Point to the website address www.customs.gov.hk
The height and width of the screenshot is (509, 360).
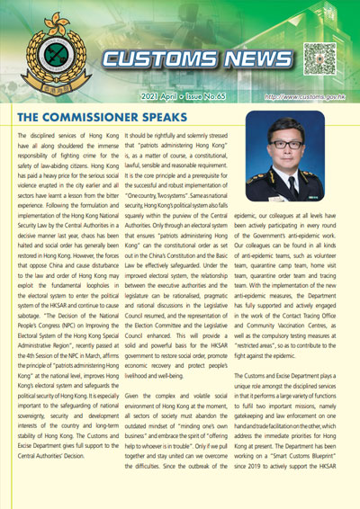point(307,94)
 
